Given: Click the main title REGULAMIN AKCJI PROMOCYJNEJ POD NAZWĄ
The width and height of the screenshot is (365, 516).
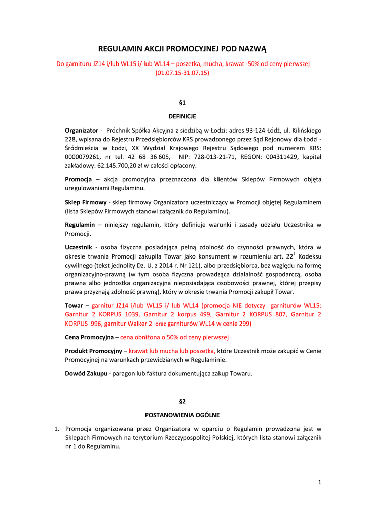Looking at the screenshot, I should (x=182, y=49).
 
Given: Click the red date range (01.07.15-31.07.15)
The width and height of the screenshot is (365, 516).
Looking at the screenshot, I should (x=182, y=73).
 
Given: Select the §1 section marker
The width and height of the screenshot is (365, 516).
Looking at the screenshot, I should (x=182, y=103).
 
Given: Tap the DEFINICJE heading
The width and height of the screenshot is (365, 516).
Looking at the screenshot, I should (x=182, y=116).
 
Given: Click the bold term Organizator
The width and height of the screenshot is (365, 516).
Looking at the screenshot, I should (x=82, y=131).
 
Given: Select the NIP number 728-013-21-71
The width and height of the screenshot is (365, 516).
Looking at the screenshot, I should (x=210, y=157).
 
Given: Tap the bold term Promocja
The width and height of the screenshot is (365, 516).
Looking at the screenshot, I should (x=79, y=179).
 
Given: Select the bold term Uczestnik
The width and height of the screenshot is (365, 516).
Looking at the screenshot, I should (x=79, y=247).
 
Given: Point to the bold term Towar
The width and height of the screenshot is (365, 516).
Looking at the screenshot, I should (x=74, y=305).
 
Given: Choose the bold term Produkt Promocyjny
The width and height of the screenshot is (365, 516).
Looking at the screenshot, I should (x=94, y=351).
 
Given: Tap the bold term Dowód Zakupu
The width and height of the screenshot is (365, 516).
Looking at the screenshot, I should (x=86, y=373).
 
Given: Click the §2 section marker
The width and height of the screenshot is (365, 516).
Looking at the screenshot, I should (x=182, y=401).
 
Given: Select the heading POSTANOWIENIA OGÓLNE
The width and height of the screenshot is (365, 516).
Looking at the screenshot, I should (x=182, y=415).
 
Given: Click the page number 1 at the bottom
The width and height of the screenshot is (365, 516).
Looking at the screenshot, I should (x=319, y=482).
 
